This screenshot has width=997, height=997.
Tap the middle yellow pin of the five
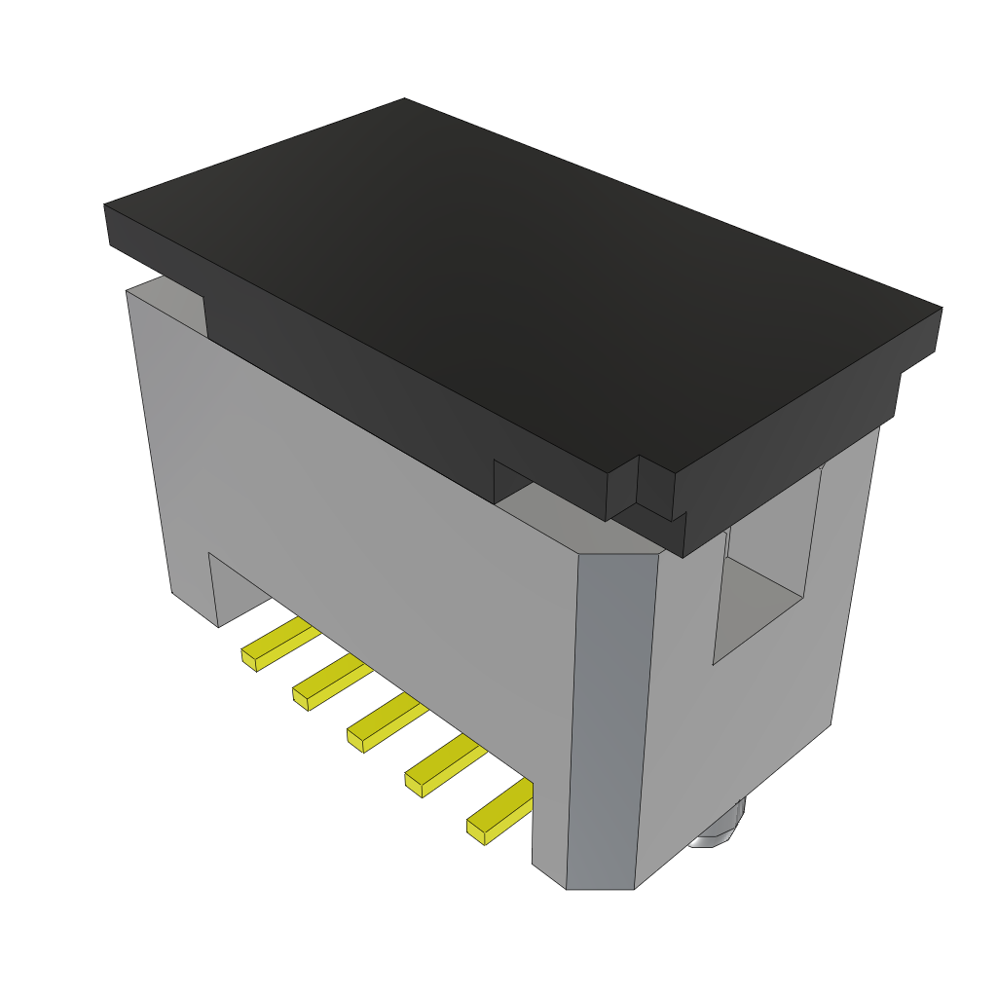point(387,721)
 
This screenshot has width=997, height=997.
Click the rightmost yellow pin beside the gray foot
point(500,811)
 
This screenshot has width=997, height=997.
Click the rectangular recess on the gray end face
point(764,565)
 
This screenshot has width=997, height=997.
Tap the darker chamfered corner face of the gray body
point(611,720)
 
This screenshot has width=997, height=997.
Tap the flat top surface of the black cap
point(526,292)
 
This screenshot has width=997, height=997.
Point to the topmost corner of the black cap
point(405,100)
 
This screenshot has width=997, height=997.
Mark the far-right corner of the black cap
point(940,311)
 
